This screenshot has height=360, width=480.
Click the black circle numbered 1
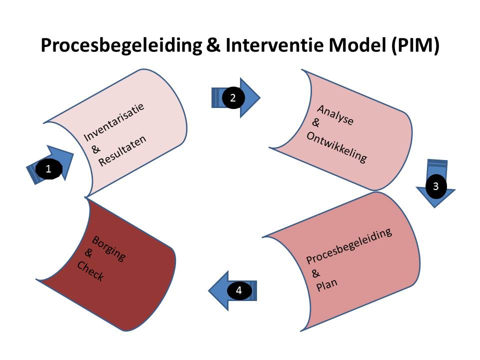point(48,169)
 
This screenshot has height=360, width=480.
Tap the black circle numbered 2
point(232,97)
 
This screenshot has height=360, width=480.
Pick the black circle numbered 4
point(239,290)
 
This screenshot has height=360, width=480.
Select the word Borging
point(109,247)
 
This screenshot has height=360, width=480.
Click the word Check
point(90,270)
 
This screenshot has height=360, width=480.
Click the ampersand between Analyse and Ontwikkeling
point(315,122)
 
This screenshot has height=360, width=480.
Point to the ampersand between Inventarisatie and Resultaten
point(96,148)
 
